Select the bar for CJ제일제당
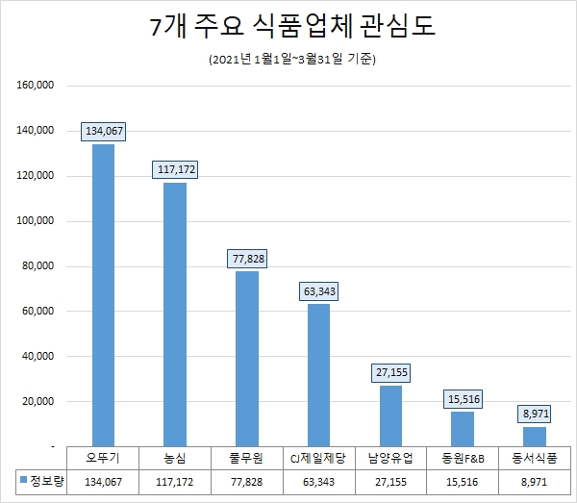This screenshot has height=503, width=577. coord(318,375)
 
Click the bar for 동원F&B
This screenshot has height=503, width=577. coord(463,429)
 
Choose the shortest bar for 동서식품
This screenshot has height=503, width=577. coord(535,437)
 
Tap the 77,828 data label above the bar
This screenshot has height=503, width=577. coord(247,258)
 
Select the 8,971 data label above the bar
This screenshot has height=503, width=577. coord(535,414)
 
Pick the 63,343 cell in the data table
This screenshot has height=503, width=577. coord(318,480)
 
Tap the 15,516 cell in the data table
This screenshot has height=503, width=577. coord(463,480)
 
